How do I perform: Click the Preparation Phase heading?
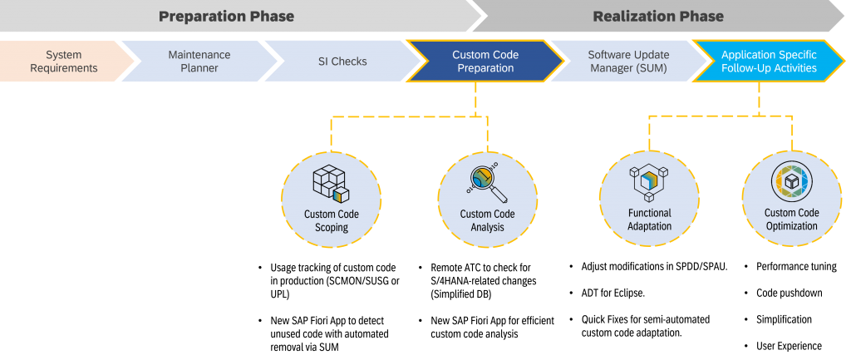point(226,17)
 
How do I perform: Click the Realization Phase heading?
point(657,17)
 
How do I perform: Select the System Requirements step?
point(63,62)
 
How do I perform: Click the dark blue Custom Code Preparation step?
point(485,62)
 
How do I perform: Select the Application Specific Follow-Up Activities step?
point(769,62)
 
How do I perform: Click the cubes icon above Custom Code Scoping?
point(330,185)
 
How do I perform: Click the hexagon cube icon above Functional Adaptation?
point(649,182)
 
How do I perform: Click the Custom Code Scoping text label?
point(332,221)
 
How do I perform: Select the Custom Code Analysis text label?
point(488,221)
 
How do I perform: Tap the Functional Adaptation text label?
point(649,219)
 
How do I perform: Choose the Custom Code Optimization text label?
point(791,219)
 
